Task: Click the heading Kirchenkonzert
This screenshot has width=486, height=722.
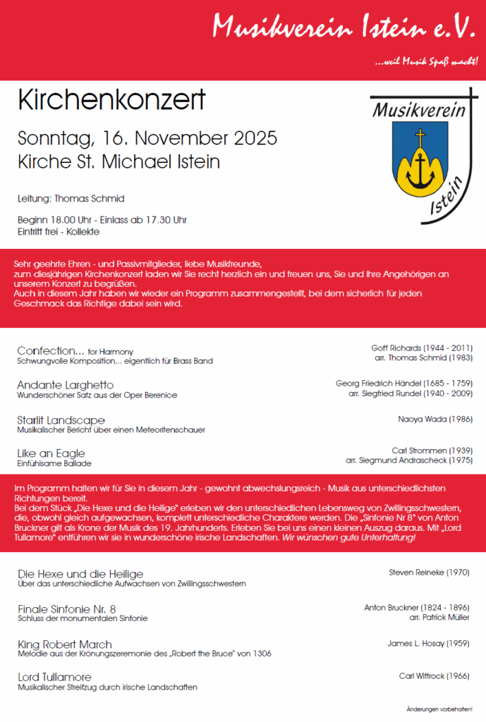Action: pos(111,100)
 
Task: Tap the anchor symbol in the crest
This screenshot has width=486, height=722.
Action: pos(421,169)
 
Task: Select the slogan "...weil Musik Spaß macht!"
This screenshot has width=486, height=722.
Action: pos(427,63)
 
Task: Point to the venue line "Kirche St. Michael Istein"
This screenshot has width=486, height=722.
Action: pos(119,161)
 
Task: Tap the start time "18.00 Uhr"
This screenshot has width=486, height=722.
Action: pos(73,220)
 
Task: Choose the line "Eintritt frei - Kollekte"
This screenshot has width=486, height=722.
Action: pos(59,231)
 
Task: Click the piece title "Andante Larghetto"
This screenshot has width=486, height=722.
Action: pos(65,385)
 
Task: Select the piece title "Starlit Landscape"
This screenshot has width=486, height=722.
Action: pos(61,420)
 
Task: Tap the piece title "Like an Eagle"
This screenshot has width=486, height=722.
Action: pos(51,453)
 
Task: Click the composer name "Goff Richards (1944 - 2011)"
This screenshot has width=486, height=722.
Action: pos(422,348)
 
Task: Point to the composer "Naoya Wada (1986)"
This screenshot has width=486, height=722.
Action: pos(435,418)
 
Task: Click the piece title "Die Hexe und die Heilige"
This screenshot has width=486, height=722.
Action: pos(80,574)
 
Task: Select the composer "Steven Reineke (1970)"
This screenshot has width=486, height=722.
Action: pos(429,573)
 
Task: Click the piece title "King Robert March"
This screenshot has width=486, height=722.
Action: pos(64,644)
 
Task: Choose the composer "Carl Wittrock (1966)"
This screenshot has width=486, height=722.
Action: pos(434,676)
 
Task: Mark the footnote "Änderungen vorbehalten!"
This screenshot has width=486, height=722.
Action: pos(440,708)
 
